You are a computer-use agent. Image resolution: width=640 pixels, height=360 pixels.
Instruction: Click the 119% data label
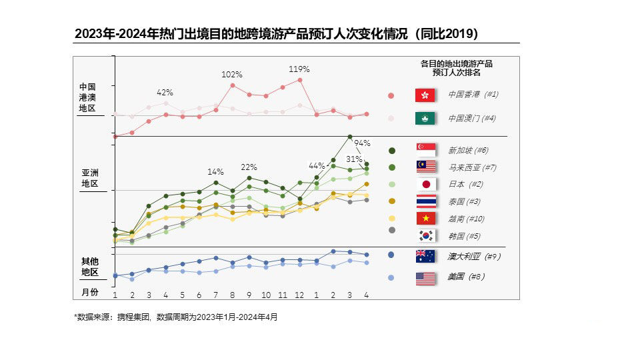coord(299,69)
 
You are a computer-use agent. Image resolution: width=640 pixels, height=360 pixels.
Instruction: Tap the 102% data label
coord(231,74)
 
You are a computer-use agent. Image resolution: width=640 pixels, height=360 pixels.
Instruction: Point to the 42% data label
coord(165,92)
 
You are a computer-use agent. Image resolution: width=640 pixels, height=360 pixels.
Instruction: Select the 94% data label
coord(362,143)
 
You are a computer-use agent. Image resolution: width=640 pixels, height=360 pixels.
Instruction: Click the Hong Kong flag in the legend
coord(425,95)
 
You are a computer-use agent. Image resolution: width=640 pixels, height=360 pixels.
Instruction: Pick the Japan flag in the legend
coord(425,184)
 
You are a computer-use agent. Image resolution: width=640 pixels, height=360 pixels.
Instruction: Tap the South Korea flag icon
coord(425,235)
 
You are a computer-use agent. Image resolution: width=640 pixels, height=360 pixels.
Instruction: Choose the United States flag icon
coord(425,279)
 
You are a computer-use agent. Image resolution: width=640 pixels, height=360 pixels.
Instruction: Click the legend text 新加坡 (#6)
coord(468,150)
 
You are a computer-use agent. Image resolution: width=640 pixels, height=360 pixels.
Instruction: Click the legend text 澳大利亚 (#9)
coord(473,256)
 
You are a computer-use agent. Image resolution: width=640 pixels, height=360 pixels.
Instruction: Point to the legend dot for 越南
coord(392,218)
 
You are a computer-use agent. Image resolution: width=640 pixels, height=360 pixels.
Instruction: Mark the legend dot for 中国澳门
coord(391,118)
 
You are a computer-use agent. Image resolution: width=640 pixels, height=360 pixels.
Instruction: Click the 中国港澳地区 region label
coord(87,97)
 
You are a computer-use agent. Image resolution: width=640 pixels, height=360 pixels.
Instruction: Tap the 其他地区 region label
coord(89,267)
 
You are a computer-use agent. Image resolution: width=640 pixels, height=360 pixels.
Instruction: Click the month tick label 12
coord(300,295)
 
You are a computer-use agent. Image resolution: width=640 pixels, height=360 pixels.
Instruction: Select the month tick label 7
coord(216,295)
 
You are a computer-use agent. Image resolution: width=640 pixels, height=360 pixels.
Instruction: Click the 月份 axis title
coord(89,293)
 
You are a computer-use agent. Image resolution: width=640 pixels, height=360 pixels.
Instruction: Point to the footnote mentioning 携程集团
coord(175,317)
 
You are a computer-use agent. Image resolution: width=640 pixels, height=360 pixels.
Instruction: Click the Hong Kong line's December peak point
coord(300,80)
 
